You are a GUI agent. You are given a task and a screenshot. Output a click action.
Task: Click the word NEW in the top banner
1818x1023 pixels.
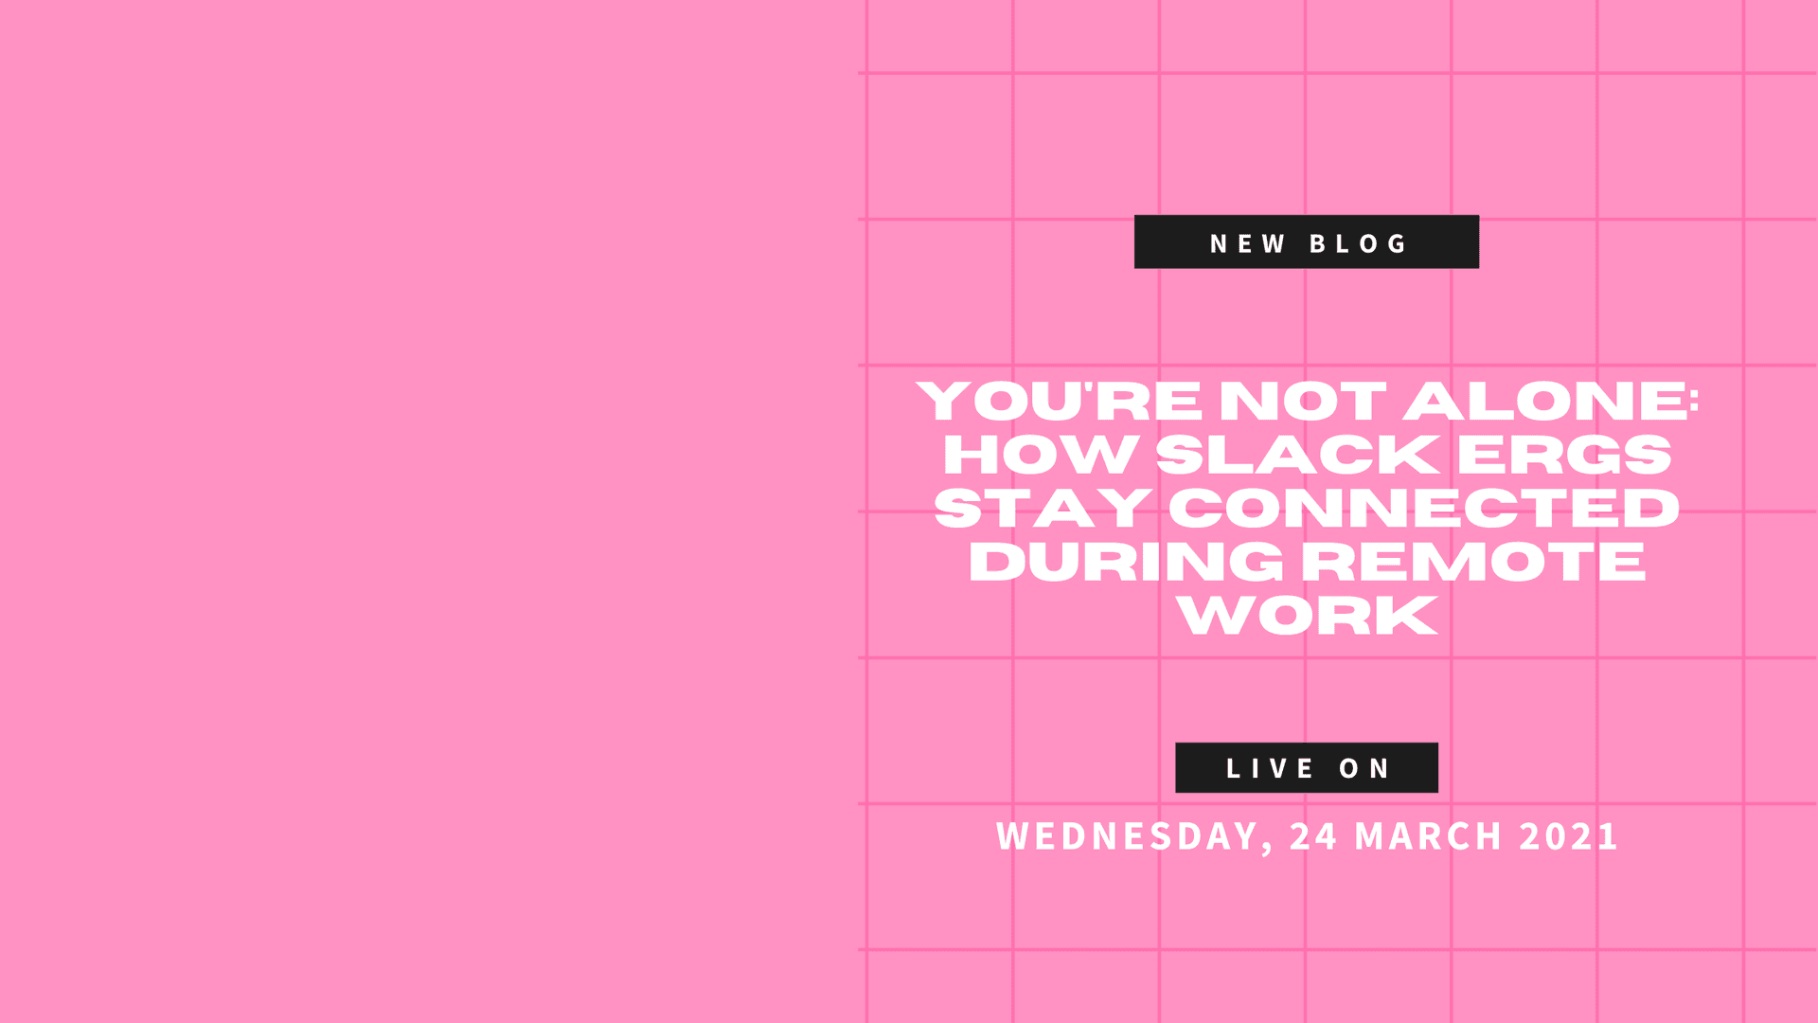pyautogui.click(x=1247, y=244)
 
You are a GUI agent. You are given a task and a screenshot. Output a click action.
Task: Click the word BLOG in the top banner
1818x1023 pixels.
pyautogui.click(x=1359, y=244)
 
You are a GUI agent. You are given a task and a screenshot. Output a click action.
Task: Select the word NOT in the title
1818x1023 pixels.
pyautogui.click(x=1303, y=401)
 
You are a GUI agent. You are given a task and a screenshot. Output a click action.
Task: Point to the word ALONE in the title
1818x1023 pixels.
pyautogui.click(x=1543, y=401)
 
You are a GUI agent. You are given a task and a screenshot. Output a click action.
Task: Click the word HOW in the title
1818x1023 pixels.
pyautogui.click(x=1041, y=455)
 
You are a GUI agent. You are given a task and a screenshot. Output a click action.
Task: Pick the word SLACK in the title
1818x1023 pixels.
pyautogui.click(x=1298, y=455)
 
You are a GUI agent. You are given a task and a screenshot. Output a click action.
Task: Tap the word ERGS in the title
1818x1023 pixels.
pyautogui.click(x=1564, y=455)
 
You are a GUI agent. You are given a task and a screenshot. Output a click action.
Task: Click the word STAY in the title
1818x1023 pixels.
pyautogui.click(x=1043, y=509)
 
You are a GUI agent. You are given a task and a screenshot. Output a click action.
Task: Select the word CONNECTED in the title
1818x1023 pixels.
pyautogui.click(x=1424, y=509)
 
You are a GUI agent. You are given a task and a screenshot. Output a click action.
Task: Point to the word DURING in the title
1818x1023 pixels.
pyautogui.click(x=1126, y=562)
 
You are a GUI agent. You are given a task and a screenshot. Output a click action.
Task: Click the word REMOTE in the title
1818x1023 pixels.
pyautogui.click(x=1473, y=562)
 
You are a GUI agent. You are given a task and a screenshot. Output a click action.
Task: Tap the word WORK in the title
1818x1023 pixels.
pyautogui.click(x=1308, y=616)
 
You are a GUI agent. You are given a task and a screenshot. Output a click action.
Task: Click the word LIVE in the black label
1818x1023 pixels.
pyautogui.click(x=1270, y=768)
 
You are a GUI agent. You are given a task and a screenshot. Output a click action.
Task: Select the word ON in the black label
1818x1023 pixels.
pyautogui.click(x=1364, y=768)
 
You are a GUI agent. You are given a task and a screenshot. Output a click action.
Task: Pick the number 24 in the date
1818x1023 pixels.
pyautogui.click(x=1313, y=836)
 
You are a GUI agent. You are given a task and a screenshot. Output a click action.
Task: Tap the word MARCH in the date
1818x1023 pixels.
pyautogui.click(x=1429, y=836)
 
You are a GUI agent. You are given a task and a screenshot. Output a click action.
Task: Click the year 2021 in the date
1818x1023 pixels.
pyautogui.click(x=1569, y=836)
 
